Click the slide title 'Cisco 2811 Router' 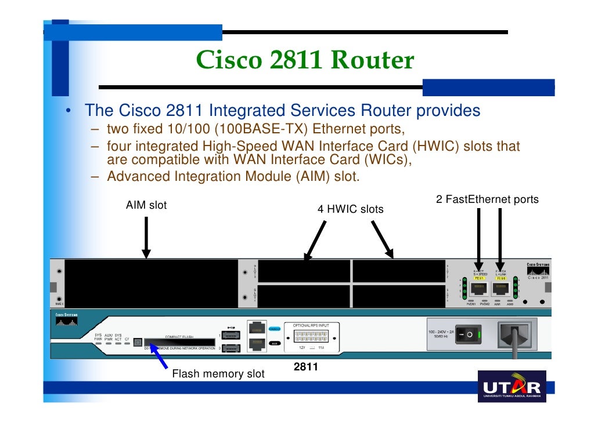[x=305, y=60]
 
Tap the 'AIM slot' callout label [x=146, y=205]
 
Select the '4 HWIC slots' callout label [x=350, y=209]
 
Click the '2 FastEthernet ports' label [x=487, y=200]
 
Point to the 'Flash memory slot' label [x=218, y=374]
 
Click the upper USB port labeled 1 [x=230, y=335]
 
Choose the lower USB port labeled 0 [x=230, y=348]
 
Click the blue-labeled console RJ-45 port [x=257, y=329]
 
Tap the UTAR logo [x=511, y=388]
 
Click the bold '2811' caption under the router [x=305, y=367]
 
